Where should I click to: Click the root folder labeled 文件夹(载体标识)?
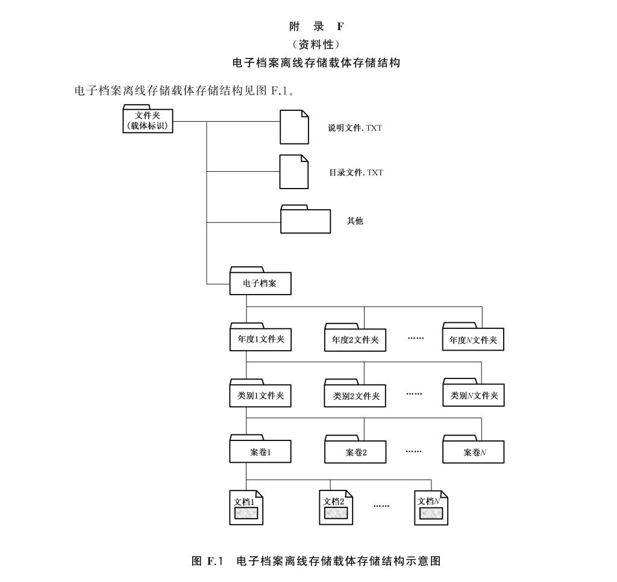tap(148, 120)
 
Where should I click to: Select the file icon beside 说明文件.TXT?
tap(295, 127)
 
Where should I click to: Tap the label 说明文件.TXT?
tap(355, 128)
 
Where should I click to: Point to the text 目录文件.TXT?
tap(355, 172)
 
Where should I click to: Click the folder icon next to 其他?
tap(306, 220)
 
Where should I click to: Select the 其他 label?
tap(355, 221)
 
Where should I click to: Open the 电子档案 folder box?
tap(260, 283)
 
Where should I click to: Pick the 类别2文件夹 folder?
tap(355, 396)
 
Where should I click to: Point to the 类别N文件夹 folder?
tap(473, 395)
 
